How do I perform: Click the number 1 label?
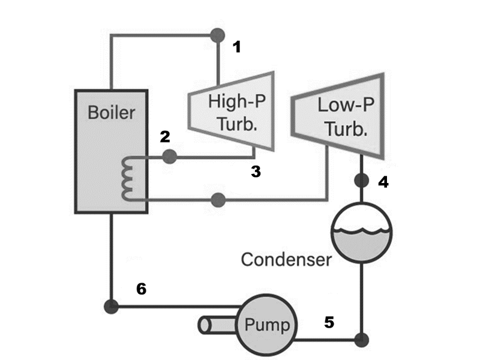coord(237,46)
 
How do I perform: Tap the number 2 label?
coord(165,137)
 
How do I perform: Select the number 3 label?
coord(256,172)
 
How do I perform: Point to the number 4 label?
coord(383,182)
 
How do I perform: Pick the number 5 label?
coord(329,322)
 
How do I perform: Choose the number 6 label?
coord(141,289)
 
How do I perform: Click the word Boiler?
coord(111,112)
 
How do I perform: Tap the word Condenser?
coord(286,260)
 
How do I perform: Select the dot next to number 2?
coord(170,157)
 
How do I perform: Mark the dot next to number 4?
coord(361,180)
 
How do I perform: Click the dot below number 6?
coord(111,307)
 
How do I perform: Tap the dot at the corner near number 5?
coord(361,340)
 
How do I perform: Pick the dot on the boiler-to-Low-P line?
coord(218,199)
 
